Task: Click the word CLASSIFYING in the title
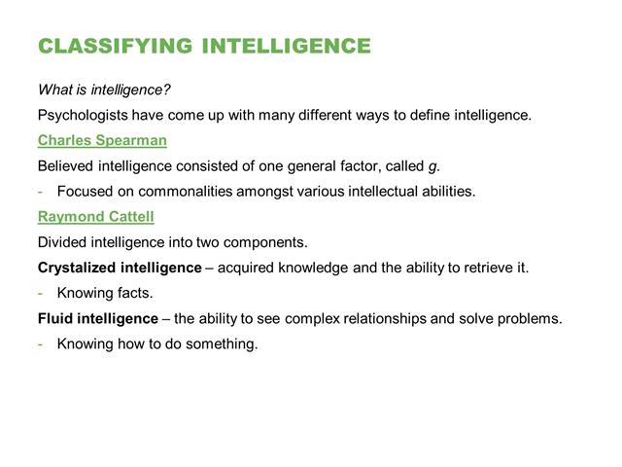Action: pyautogui.click(x=116, y=46)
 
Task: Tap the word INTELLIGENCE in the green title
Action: pyautogui.click(x=287, y=46)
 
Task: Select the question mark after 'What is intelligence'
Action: pyautogui.click(x=166, y=90)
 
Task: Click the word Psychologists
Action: pyautogui.click(x=83, y=115)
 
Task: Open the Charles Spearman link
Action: pyautogui.click(x=102, y=140)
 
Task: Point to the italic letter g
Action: pyautogui.click(x=432, y=167)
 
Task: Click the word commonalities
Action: pyautogui.click(x=186, y=192)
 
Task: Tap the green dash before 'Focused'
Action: pyautogui.click(x=40, y=192)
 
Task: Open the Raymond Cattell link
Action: pyautogui.click(x=96, y=216)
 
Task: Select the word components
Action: pyautogui.click(x=265, y=242)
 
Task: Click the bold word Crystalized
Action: pyautogui.click(x=77, y=268)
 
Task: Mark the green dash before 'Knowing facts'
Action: pyautogui.click(x=40, y=294)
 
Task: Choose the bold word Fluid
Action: pyautogui.click(x=54, y=318)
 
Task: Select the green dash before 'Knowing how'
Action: pyautogui.click(x=40, y=344)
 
